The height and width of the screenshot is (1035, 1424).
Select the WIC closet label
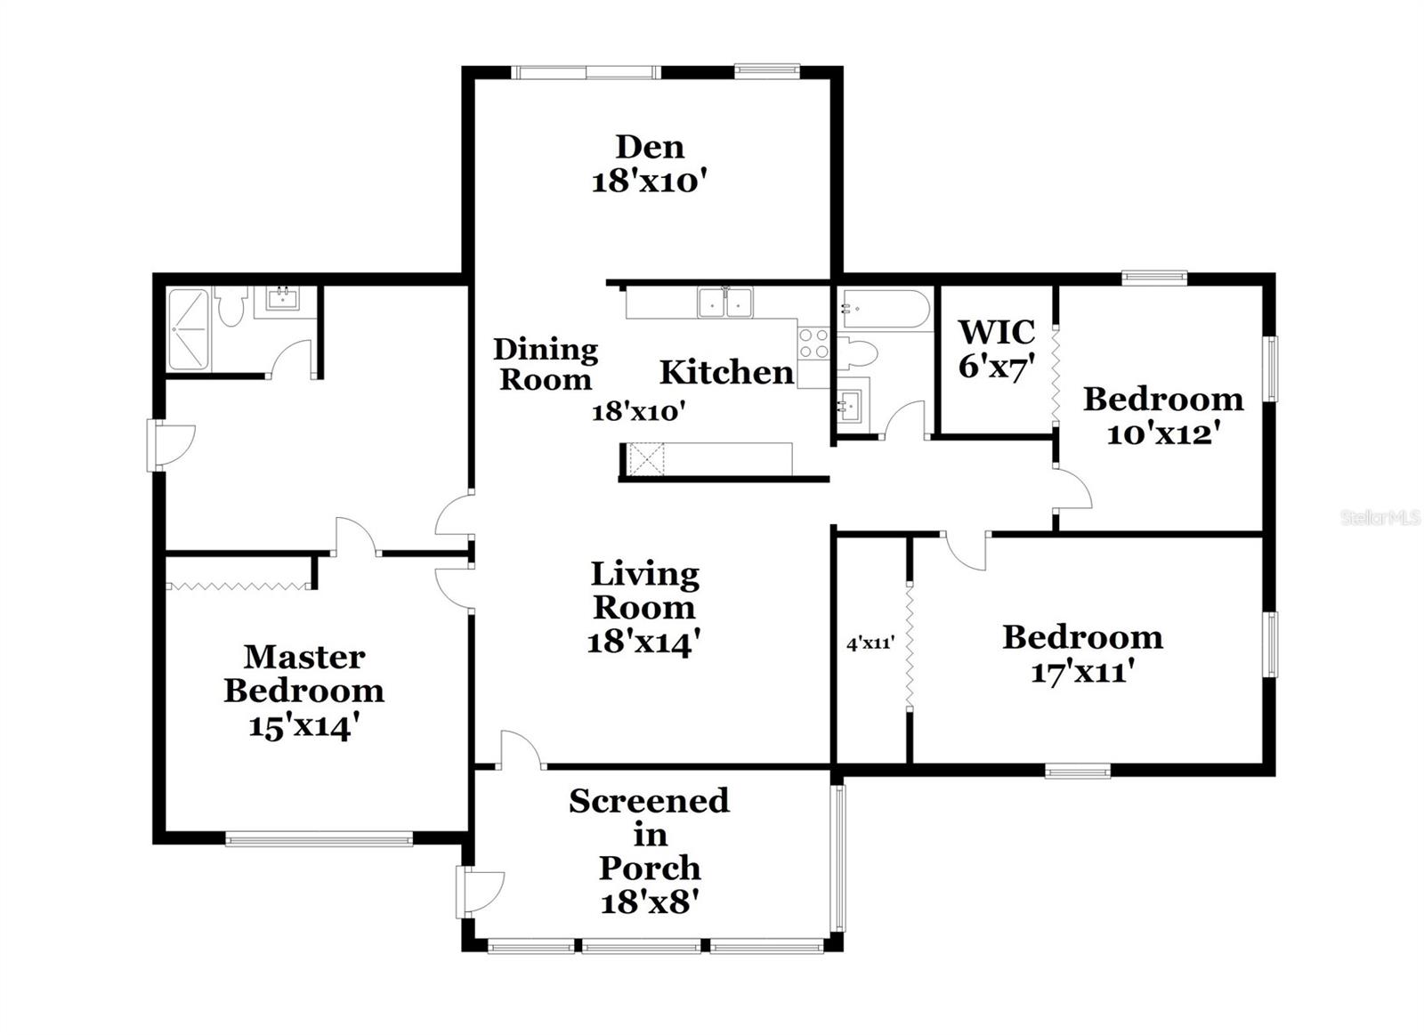(996, 333)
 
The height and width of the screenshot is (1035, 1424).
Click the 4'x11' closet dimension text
(870, 643)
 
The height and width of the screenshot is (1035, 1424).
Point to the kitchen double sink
(725, 303)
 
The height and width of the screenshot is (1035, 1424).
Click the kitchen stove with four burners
(814, 344)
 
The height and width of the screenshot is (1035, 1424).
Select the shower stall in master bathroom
(188, 329)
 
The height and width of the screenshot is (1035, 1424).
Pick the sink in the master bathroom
(283, 299)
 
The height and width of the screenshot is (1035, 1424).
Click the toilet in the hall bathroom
(858, 353)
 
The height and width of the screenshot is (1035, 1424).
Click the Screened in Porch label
(650, 835)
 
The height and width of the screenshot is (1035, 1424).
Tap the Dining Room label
(546, 364)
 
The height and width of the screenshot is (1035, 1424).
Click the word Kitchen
(726, 372)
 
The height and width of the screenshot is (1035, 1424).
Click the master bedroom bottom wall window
(319, 838)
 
